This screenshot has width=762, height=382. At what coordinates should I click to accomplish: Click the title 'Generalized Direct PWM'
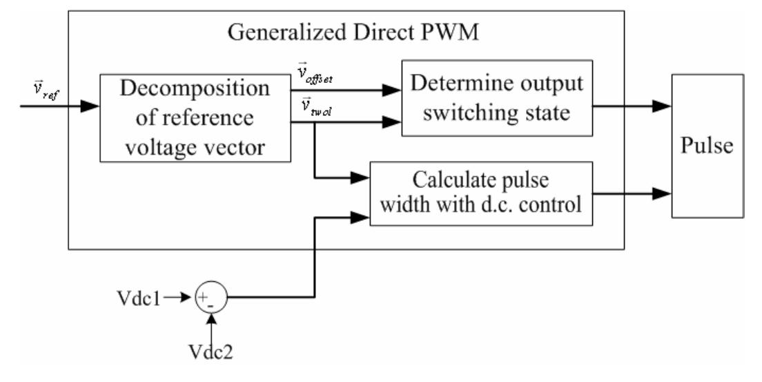[x=346, y=33]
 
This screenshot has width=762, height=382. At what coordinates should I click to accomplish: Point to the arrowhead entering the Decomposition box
[x=90, y=107]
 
